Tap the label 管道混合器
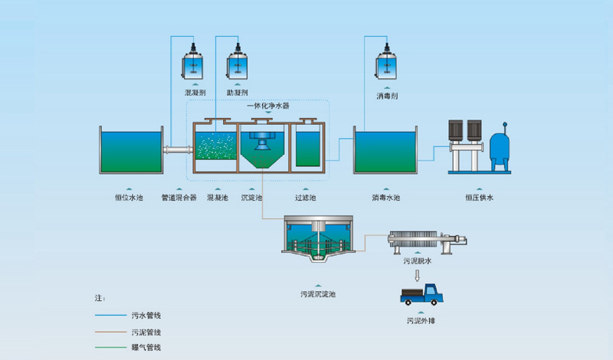click(x=179, y=197)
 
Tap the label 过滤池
click(x=306, y=197)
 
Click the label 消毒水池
click(x=385, y=197)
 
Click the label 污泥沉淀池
click(x=318, y=293)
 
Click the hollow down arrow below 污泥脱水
click(x=418, y=274)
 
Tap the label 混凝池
click(x=218, y=197)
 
